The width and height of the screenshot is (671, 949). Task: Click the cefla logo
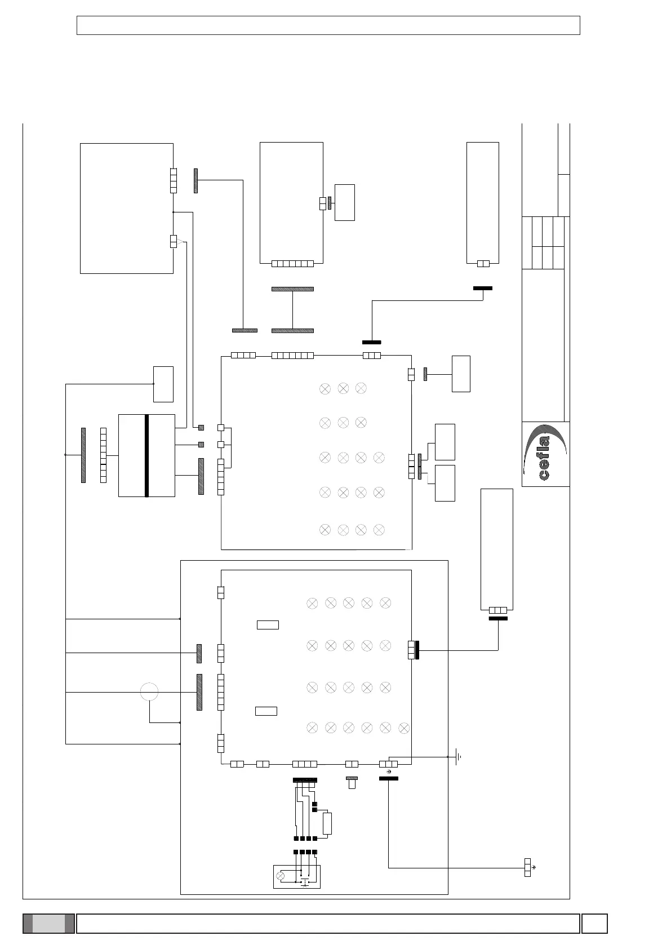pos(545,454)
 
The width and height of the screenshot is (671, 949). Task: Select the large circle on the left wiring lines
pos(149,691)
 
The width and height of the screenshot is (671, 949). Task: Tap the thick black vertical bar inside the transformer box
pos(146,455)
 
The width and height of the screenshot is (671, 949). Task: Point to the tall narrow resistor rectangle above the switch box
pos(327,823)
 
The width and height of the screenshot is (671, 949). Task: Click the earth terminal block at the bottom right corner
pos(527,867)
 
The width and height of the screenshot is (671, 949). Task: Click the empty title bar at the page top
pos(328,25)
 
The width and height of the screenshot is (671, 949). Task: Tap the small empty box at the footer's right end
pos(594,924)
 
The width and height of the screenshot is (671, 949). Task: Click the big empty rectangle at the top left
pos(126,208)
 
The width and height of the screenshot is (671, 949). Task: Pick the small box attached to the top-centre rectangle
pos(344,202)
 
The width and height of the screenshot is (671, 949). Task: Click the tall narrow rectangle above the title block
pos(482,203)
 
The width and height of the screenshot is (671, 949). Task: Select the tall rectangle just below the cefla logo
pos(496,549)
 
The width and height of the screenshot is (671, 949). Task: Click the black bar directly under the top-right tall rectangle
pos(482,288)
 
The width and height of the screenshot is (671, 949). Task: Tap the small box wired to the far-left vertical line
pos(163,384)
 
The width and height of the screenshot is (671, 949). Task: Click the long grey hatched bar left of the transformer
pos(83,455)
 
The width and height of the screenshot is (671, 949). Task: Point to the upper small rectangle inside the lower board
pos(268,624)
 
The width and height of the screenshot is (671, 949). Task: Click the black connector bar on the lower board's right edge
pos(417,650)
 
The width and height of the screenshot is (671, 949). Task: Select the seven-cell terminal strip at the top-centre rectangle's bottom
pos(292,263)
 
